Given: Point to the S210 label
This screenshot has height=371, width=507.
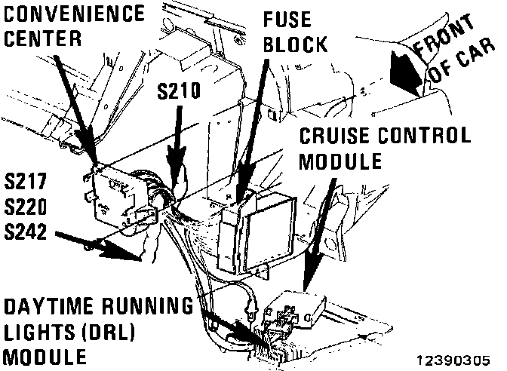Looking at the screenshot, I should [x=178, y=92].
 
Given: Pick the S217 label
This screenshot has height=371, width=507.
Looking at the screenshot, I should [x=25, y=181].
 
